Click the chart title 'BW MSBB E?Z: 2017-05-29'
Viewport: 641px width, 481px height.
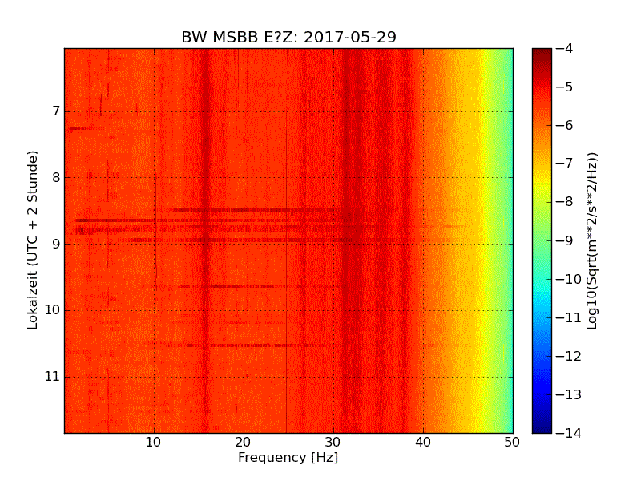click(x=288, y=38)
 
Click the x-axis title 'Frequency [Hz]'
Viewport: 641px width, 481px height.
click(x=288, y=458)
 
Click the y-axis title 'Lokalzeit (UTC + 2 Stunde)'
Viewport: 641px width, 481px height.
click(x=34, y=240)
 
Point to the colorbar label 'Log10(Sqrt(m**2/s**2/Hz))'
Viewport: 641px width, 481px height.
click(x=593, y=240)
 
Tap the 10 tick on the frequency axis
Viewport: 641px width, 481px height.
click(x=154, y=442)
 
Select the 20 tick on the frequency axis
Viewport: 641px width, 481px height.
click(x=244, y=442)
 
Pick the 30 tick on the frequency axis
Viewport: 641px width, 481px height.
click(x=333, y=442)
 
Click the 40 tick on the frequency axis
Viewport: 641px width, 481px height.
click(x=423, y=442)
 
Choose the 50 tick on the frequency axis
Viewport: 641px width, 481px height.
click(x=512, y=442)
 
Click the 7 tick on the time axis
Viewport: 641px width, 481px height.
click(x=54, y=111)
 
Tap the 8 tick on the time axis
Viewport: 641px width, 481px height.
click(x=54, y=177)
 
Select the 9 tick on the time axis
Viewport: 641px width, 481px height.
click(x=54, y=244)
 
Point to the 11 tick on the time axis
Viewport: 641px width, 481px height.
click(x=52, y=377)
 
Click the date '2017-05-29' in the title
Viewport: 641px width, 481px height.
click(x=350, y=38)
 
